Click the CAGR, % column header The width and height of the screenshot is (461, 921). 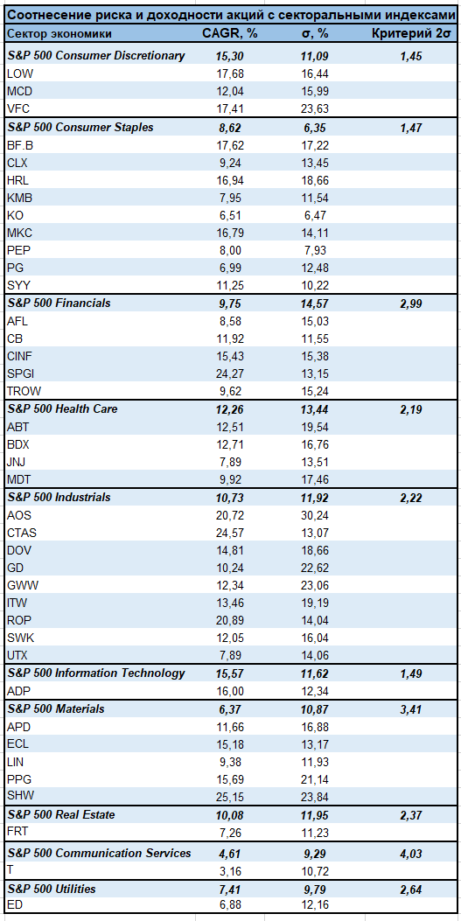229,33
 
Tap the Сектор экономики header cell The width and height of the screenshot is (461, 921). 59,33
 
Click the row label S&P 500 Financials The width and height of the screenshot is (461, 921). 59,304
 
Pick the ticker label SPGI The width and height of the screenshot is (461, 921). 20,373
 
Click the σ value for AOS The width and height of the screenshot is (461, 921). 314,515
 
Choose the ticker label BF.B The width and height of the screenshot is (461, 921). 20,144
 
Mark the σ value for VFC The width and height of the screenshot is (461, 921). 314,108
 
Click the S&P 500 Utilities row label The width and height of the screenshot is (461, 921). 51,890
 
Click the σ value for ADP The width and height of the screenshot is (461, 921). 314,691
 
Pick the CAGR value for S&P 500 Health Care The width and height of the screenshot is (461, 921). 229,408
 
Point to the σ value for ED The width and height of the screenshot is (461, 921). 314,907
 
